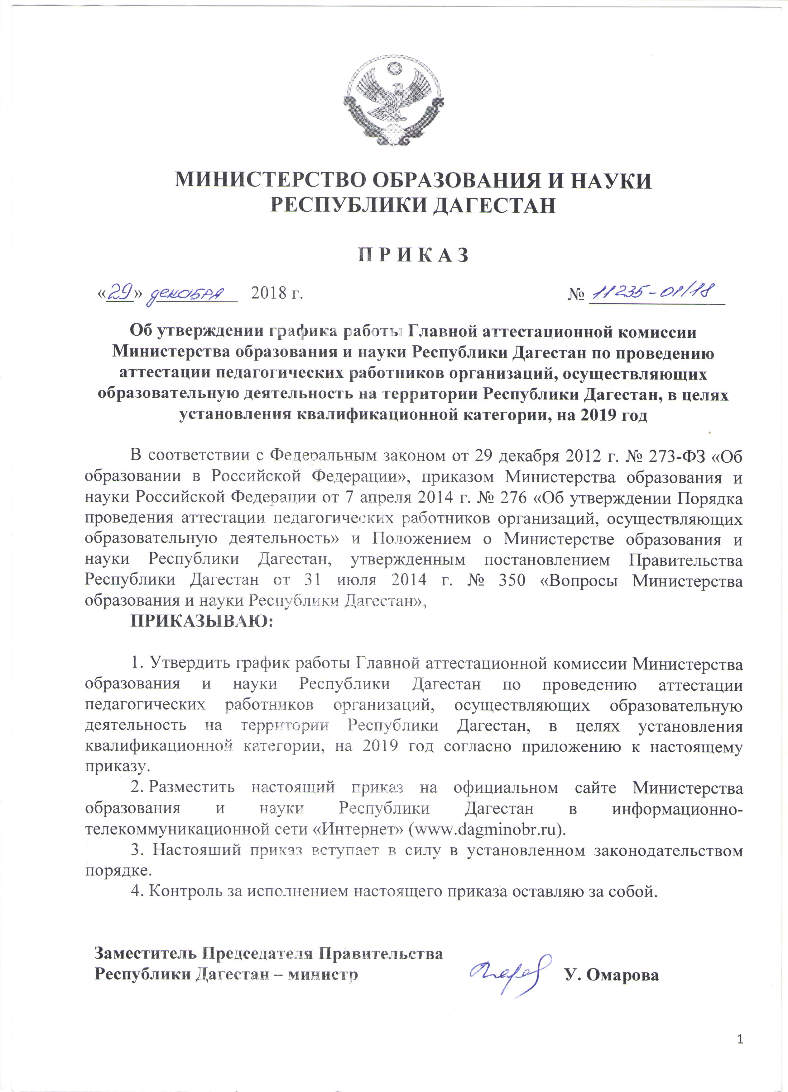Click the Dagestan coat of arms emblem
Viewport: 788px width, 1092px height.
click(393, 102)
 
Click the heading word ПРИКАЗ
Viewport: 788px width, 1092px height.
click(413, 255)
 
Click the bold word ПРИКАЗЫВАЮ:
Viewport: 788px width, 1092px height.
click(202, 621)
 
